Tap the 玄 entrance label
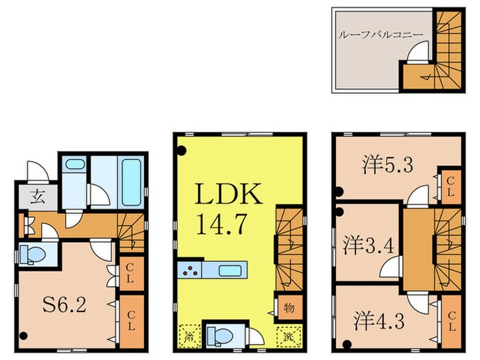pyautogui.click(x=36, y=197)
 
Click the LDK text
pyautogui.click(x=229, y=195)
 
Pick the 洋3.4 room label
pyautogui.click(x=368, y=243)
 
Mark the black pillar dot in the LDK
pyautogui.click(x=181, y=152)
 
